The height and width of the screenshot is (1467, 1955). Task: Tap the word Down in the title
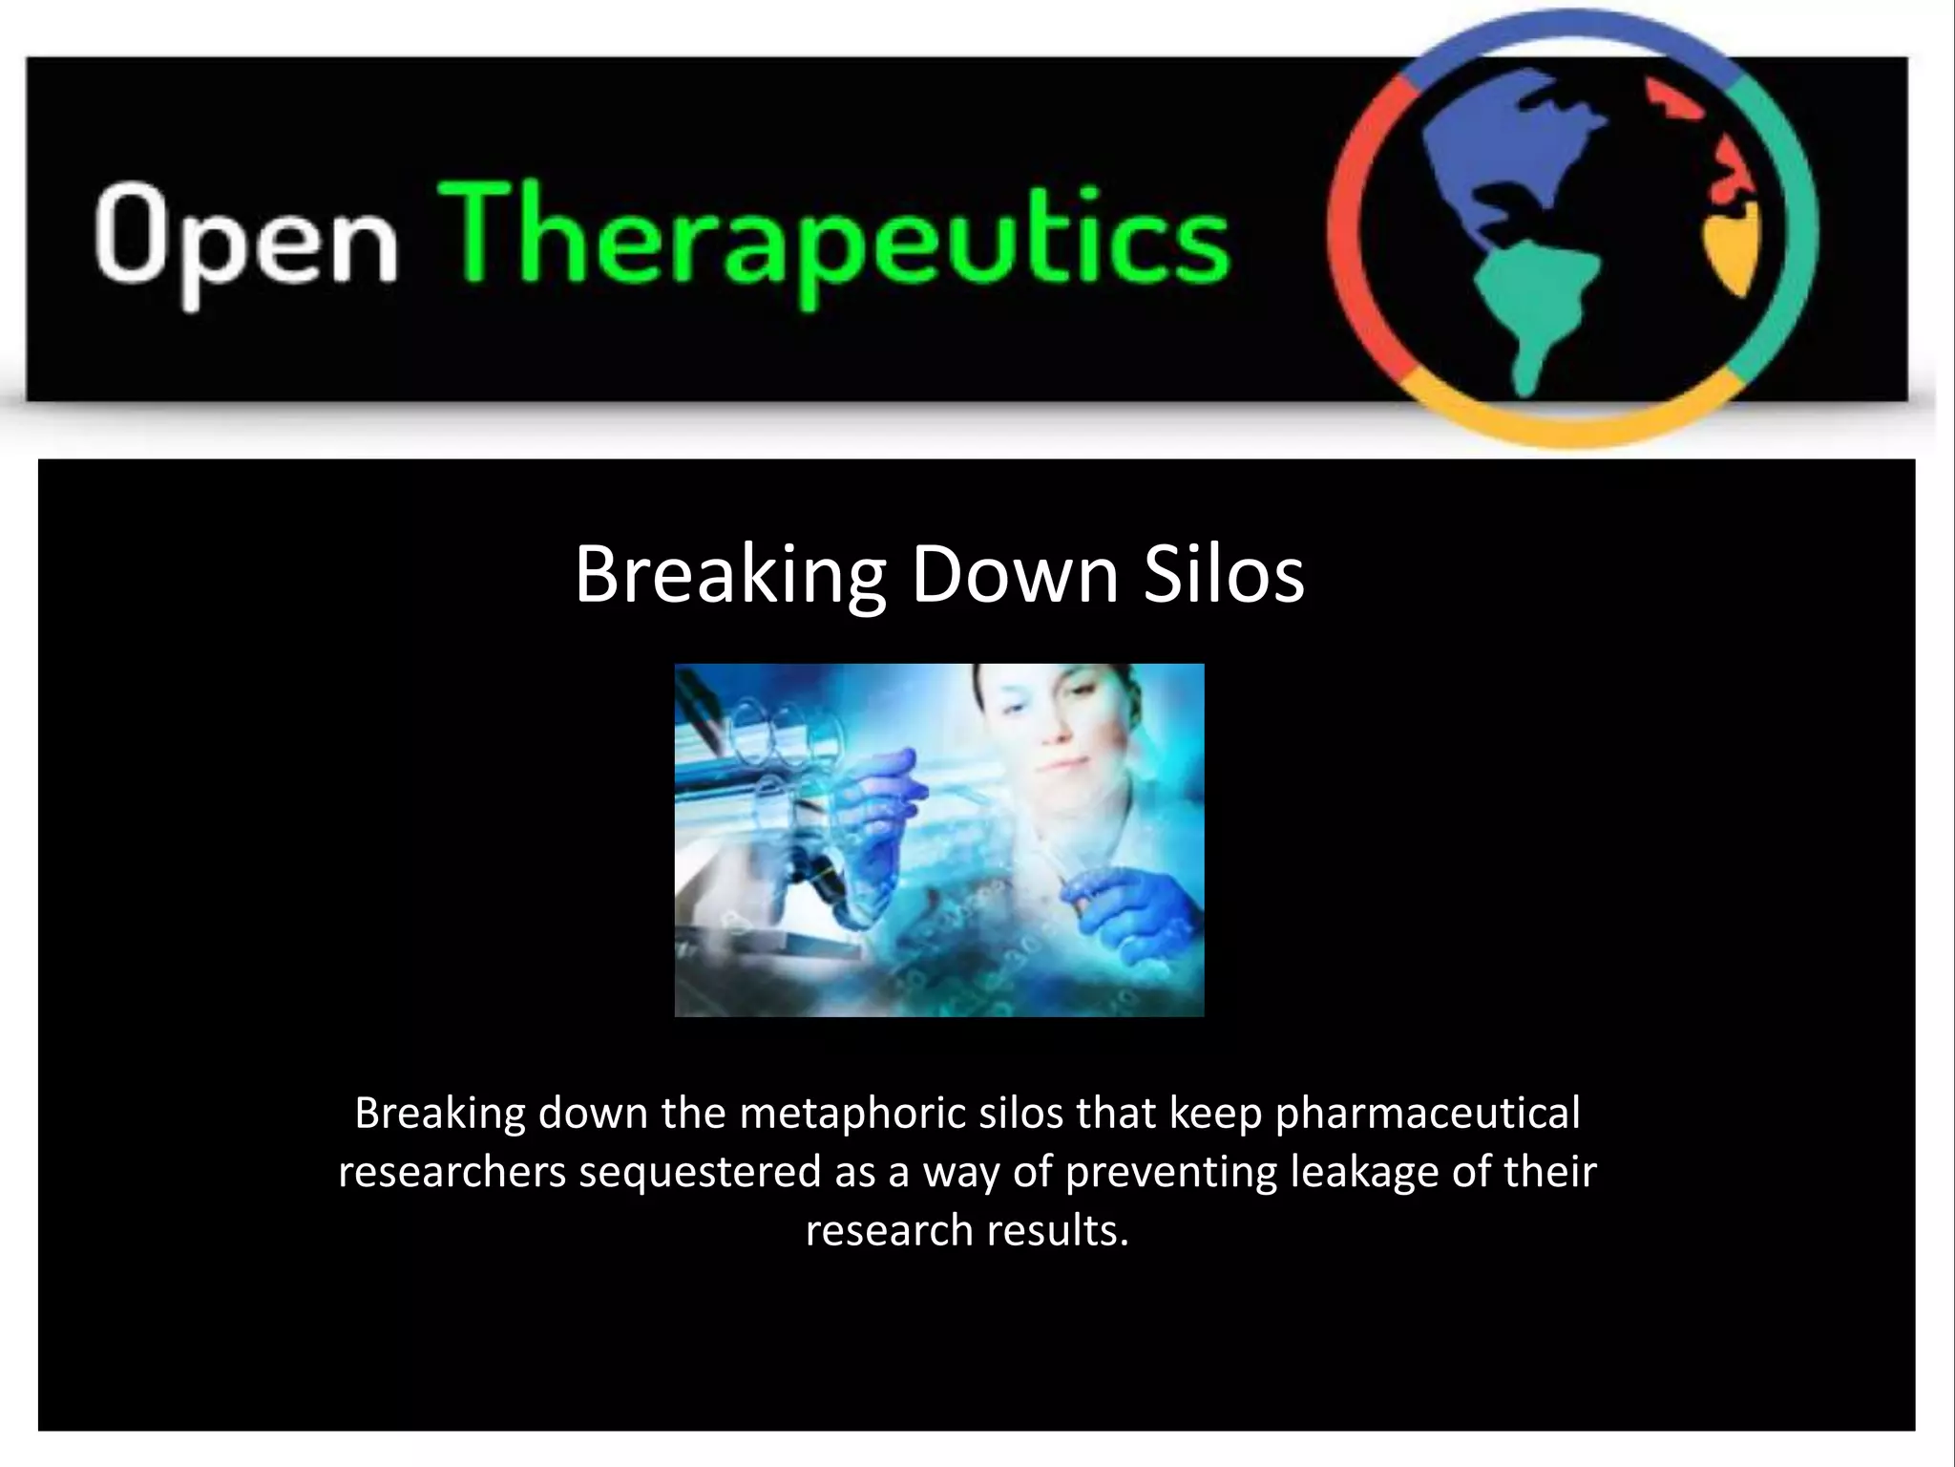tap(1014, 575)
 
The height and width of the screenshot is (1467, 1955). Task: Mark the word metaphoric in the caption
tap(853, 1114)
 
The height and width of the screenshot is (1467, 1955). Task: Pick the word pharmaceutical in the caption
tap(1428, 1114)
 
